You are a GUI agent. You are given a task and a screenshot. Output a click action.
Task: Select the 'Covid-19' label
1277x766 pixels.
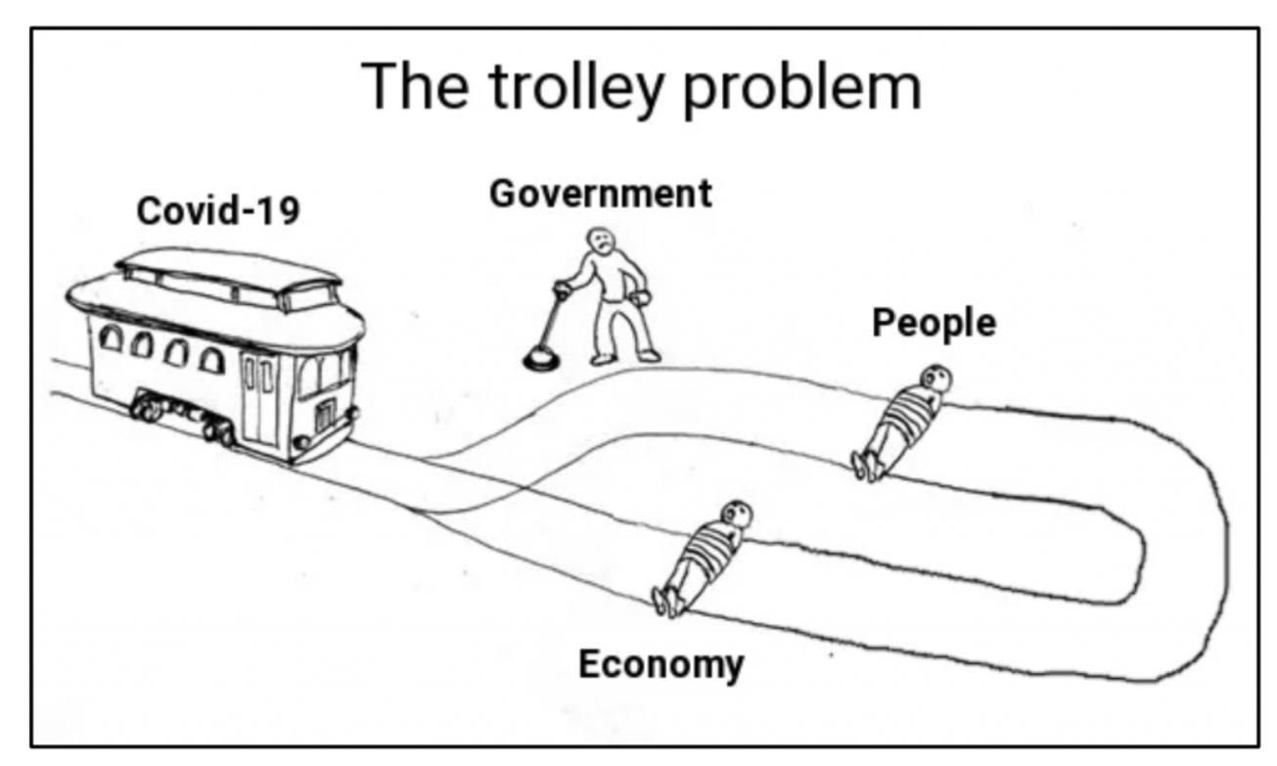(x=218, y=210)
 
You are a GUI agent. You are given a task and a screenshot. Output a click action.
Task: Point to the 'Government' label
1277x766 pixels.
(x=600, y=194)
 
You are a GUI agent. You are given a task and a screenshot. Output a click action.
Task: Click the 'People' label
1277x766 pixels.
(x=934, y=323)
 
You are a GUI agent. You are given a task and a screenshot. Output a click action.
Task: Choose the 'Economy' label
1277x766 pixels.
(x=661, y=664)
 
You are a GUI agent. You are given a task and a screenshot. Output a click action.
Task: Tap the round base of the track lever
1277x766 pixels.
(x=540, y=359)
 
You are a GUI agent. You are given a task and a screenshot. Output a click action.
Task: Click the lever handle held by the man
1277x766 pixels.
(x=563, y=290)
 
